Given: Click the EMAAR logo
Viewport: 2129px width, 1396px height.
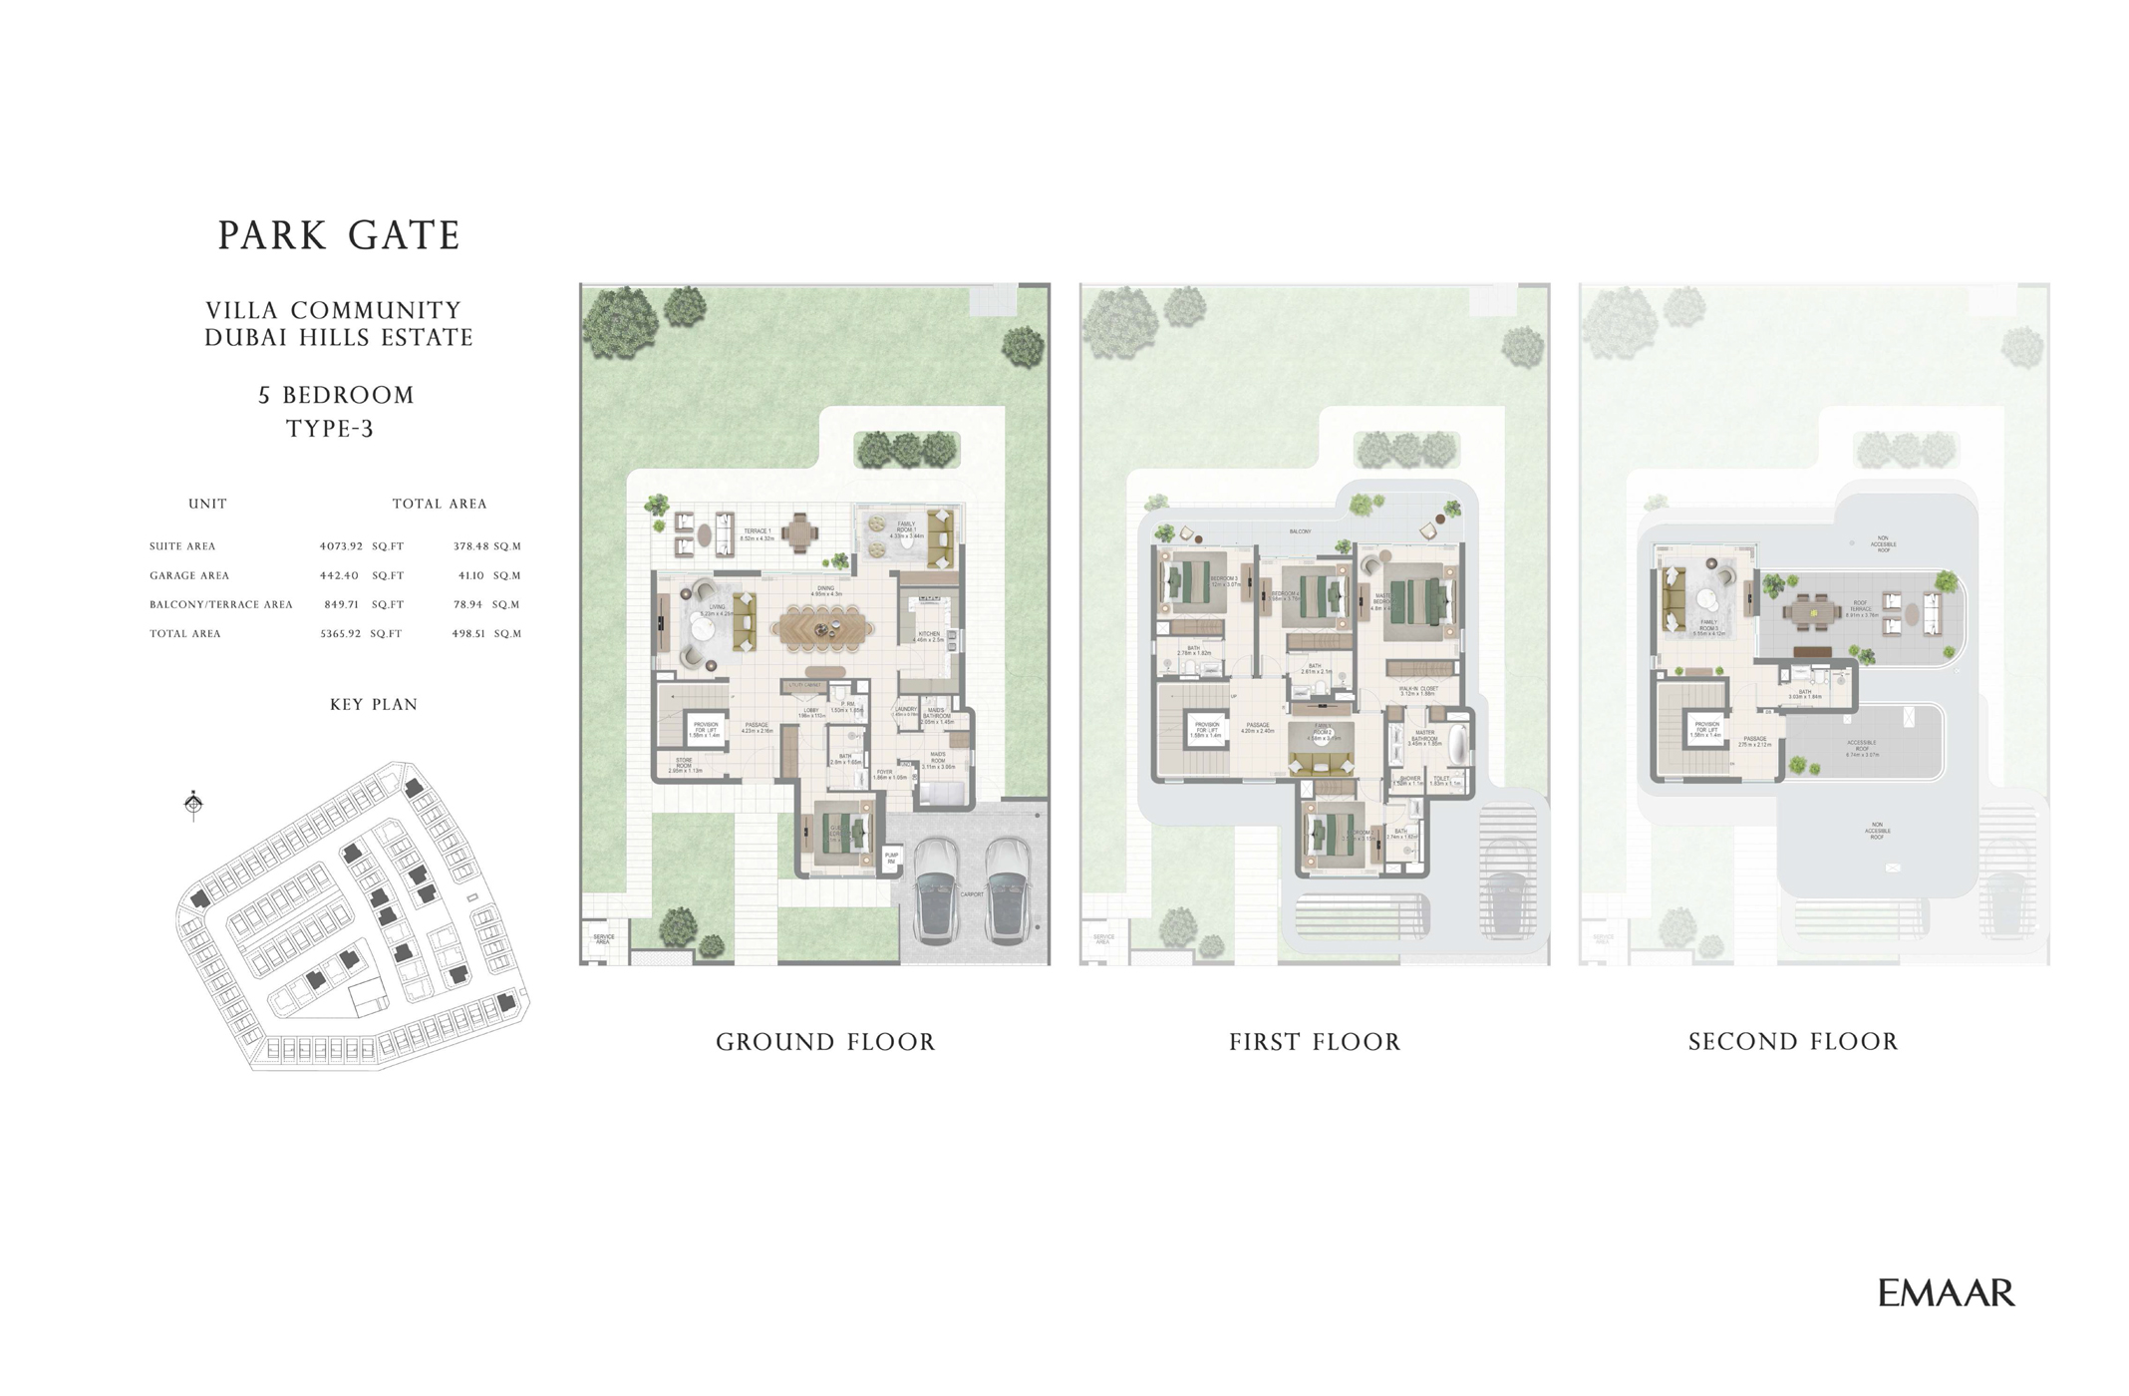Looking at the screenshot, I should [x=1946, y=1293].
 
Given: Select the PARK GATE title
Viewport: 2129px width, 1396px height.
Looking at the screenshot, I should [x=339, y=236].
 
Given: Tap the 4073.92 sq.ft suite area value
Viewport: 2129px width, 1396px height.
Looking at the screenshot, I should [x=341, y=546].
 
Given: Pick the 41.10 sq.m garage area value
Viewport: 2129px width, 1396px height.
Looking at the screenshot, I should [x=470, y=575].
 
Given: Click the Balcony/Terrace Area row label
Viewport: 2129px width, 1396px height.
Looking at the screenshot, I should [x=220, y=604].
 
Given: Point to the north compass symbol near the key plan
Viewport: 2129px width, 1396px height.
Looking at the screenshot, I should [x=193, y=803].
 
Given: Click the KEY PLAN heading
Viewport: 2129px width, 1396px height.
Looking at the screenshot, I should [x=373, y=704].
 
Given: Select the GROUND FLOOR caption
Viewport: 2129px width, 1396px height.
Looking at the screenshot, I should [x=825, y=1042].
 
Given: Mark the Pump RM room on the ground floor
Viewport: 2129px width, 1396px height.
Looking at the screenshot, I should [x=891, y=858].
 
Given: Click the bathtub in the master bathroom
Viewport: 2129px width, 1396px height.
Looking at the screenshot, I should [x=1458, y=746].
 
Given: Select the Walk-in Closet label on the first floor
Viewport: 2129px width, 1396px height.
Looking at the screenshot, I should [x=1417, y=690].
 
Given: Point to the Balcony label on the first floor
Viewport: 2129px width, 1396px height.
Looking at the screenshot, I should [x=1300, y=531].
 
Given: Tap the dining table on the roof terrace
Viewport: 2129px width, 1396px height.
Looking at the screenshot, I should [x=1813, y=613].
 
